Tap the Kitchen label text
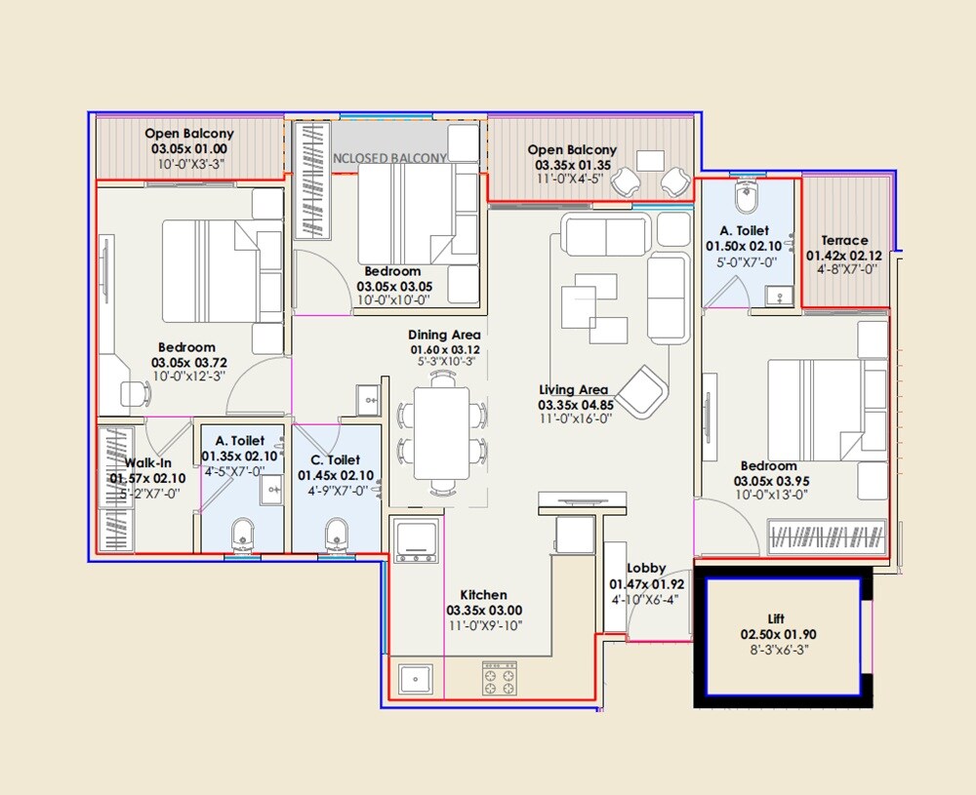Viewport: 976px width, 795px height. coord(483,595)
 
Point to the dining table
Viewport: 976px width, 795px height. coord(444,433)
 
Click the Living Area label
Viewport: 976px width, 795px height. coord(574,390)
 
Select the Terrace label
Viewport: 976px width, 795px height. coord(844,240)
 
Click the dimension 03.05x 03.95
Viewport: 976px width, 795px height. coord(777,481)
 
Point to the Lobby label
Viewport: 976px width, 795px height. coord(645,569)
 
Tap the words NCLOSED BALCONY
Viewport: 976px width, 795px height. coord(389,158)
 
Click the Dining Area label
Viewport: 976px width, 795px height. coord(444,335)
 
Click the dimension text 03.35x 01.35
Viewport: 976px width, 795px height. coord(572,165)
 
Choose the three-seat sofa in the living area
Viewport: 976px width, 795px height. coord(604,235)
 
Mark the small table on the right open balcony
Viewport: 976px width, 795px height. coord(650,160)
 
